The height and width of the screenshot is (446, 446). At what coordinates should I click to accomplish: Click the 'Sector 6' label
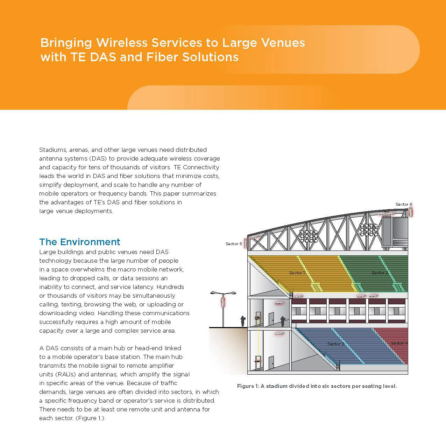point(404,204)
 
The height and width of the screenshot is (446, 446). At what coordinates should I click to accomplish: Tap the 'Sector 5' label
point(234,244)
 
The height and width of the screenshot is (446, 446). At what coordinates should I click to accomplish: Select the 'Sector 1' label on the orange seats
point(297,273)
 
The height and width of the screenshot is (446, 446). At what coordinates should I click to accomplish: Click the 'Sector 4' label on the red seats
point(399,343)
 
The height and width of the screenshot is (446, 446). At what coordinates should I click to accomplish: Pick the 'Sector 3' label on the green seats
point(380,273)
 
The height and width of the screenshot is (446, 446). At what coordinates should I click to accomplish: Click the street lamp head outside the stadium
point(223,293)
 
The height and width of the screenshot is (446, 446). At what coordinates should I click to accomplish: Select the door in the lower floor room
point(271,363)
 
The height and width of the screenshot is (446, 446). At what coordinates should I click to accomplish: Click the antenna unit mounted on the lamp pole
point(223,302)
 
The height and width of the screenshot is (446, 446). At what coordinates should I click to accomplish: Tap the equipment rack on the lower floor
point(258,362)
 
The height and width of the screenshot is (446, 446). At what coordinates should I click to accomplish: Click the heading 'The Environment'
point(79,242)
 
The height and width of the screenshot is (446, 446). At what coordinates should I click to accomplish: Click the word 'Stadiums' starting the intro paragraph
point(53,150)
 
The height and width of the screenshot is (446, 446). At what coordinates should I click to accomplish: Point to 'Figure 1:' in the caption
point(248,386)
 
